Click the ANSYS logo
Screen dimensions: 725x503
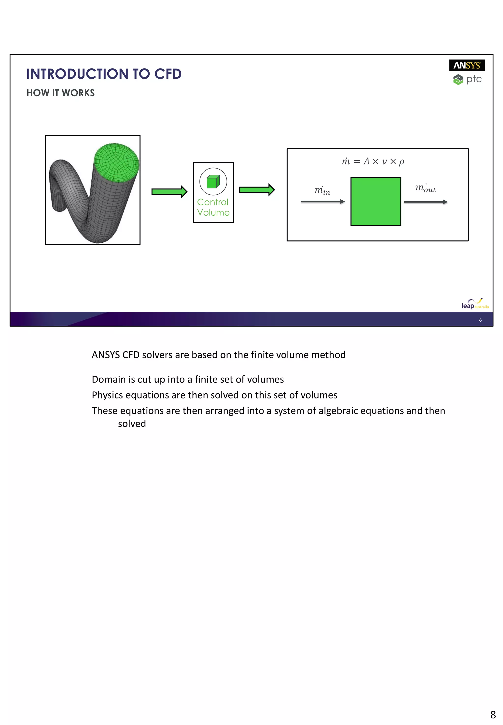coord(466,65)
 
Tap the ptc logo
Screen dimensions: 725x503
coord(467,79)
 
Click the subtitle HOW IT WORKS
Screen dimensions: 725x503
coord(60,93)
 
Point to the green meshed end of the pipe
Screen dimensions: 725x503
coord(117,162)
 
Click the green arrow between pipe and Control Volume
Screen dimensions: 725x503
coord(169,191)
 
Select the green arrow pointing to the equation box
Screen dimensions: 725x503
coord(257,190)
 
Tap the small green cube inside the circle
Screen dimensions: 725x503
coord(213,182)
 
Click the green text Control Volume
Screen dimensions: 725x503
coord(213,207)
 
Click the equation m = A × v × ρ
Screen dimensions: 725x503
coord(373,161)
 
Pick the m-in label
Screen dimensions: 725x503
coord(322,190)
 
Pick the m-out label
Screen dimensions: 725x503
coord(425,188)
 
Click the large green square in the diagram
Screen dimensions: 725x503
coord(376,201)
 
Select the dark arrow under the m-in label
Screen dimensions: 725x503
coord(322,201)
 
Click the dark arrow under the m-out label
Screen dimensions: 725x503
coord(425,202)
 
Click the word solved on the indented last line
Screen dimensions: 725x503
coord(132,424)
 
